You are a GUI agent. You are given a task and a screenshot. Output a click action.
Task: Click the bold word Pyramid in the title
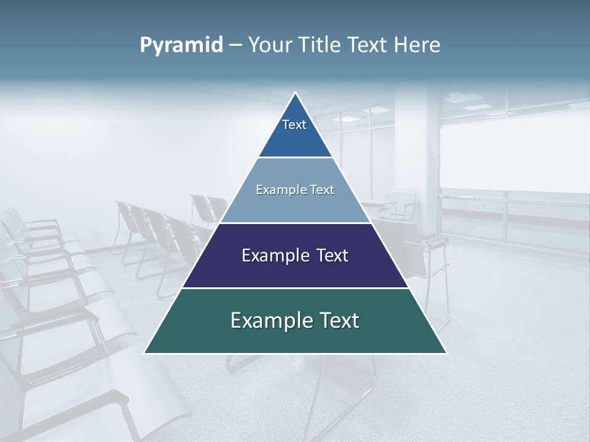(181, 45)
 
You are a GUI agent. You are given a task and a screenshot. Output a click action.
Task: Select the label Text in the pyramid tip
(294, 125)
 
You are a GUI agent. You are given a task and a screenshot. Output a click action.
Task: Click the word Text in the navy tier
(331, 255)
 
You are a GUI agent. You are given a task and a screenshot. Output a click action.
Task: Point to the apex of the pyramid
(296, 93)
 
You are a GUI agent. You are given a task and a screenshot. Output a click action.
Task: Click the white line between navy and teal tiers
(295, 287)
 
